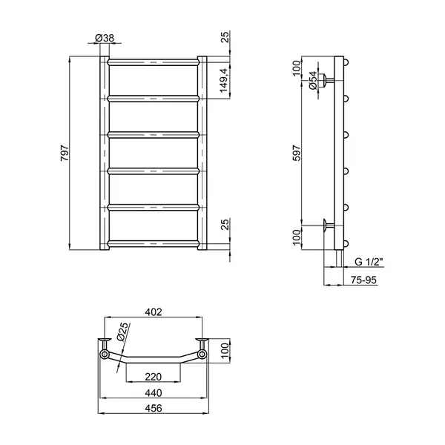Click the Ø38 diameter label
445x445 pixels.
click(105, 38)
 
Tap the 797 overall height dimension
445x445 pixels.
click(65, 154)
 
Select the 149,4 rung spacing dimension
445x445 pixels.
click(224, 80)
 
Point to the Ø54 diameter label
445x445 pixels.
click(312, 80)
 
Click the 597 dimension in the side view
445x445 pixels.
click(296, 154)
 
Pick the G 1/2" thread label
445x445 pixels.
click(369, 262)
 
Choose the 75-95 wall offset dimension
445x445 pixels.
click(363, 280)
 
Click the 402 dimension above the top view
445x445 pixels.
click(154, 312)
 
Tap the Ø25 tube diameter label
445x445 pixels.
click(122, 332)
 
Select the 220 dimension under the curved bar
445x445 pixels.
click(154, 377)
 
